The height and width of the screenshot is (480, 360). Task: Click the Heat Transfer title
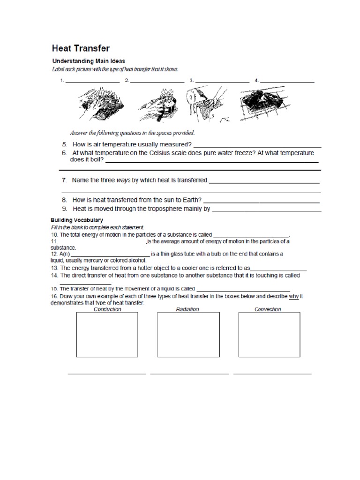[x=81, y=49]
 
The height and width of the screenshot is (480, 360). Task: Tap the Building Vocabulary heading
[x=77, y=220]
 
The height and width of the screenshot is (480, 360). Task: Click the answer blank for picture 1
[x=93, y=82]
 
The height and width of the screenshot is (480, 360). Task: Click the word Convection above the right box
[x=268, y=309]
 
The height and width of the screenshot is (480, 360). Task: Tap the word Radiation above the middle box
[x=187, y=309]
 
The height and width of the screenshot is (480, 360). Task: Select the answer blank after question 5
[x=257, y=146]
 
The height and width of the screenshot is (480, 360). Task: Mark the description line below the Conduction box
[x=107, y=374]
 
